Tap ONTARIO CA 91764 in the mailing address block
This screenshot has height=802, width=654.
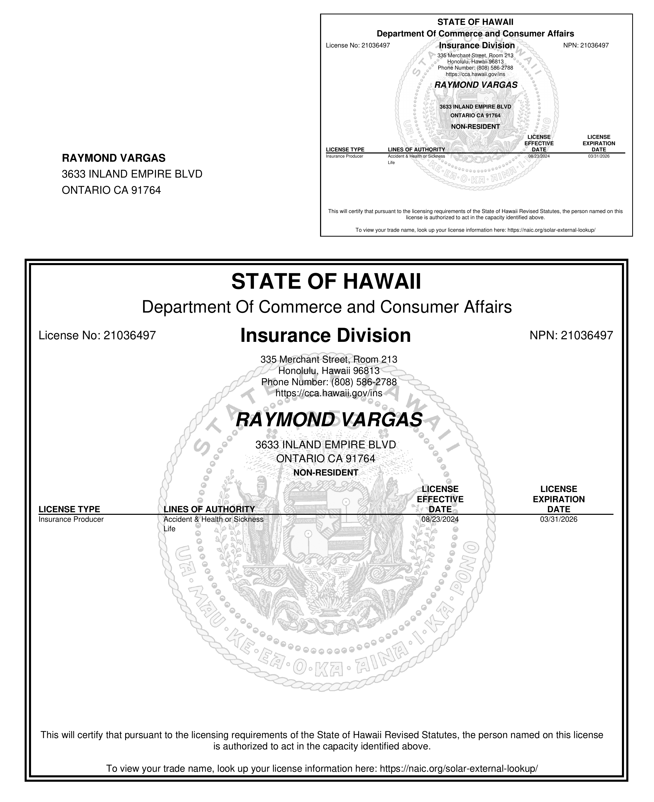(111, 190)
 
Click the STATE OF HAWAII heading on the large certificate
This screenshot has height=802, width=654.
(326, 282)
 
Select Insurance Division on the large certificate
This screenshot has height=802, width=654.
(325, 335)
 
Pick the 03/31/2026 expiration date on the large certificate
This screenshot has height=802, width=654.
(558, 519)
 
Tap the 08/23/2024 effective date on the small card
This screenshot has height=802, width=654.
(539, 156)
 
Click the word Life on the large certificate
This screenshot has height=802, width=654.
(170, 529)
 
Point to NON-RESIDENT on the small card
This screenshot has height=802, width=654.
(475, 127)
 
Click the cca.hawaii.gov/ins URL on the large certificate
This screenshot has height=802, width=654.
(329, 393)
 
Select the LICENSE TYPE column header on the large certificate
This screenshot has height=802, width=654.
(69, 509)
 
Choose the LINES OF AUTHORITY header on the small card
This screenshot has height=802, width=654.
(416, 150)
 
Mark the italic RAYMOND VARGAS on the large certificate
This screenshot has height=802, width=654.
(329, 420)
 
